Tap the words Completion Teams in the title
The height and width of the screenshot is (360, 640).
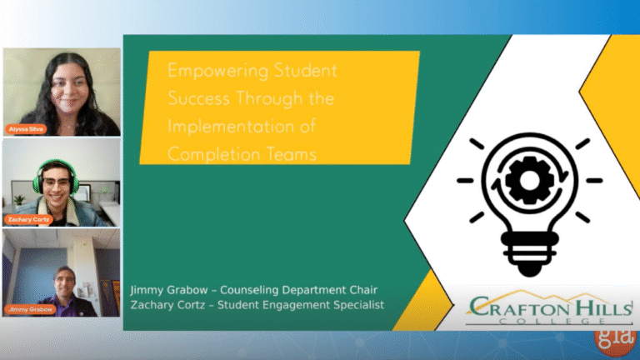coord(242,155)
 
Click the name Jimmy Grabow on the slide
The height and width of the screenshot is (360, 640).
coord(165,289)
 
